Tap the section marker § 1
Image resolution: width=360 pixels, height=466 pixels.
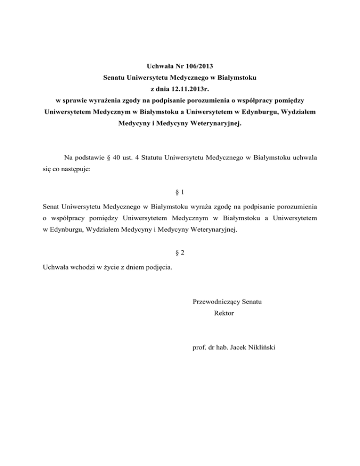coord(180,193)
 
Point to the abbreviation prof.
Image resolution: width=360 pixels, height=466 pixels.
coord(199,348)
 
